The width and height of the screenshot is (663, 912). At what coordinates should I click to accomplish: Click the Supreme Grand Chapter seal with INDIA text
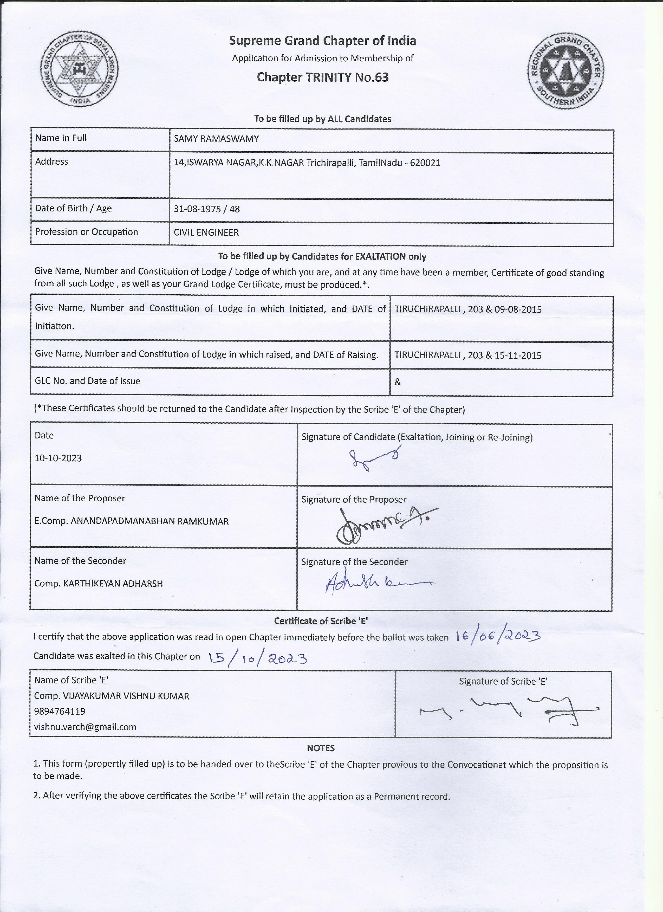pos(80,69)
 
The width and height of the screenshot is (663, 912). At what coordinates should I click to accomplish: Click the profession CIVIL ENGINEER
pos(206,232)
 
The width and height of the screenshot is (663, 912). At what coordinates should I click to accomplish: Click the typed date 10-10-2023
pos(58,458)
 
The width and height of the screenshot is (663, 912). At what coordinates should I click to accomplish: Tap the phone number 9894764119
pos(60,711)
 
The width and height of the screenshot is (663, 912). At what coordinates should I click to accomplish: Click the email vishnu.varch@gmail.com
pos(85,727)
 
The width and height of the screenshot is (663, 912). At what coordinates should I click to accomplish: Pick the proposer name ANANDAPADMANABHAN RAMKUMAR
pos(149,521)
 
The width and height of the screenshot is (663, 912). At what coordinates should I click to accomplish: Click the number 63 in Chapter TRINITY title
pos(382,77)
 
